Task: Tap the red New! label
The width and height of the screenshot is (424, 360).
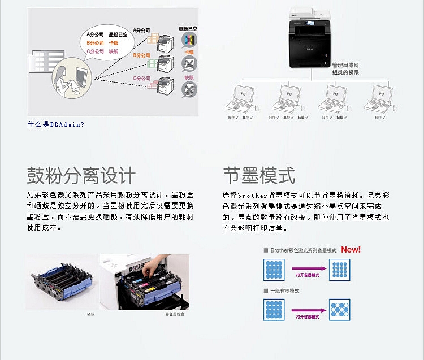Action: coord(351,249)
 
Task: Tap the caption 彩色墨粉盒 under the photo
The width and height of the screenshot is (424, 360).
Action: coord(173,314)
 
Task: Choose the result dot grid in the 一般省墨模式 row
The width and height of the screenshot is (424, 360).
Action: coord(339,310)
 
